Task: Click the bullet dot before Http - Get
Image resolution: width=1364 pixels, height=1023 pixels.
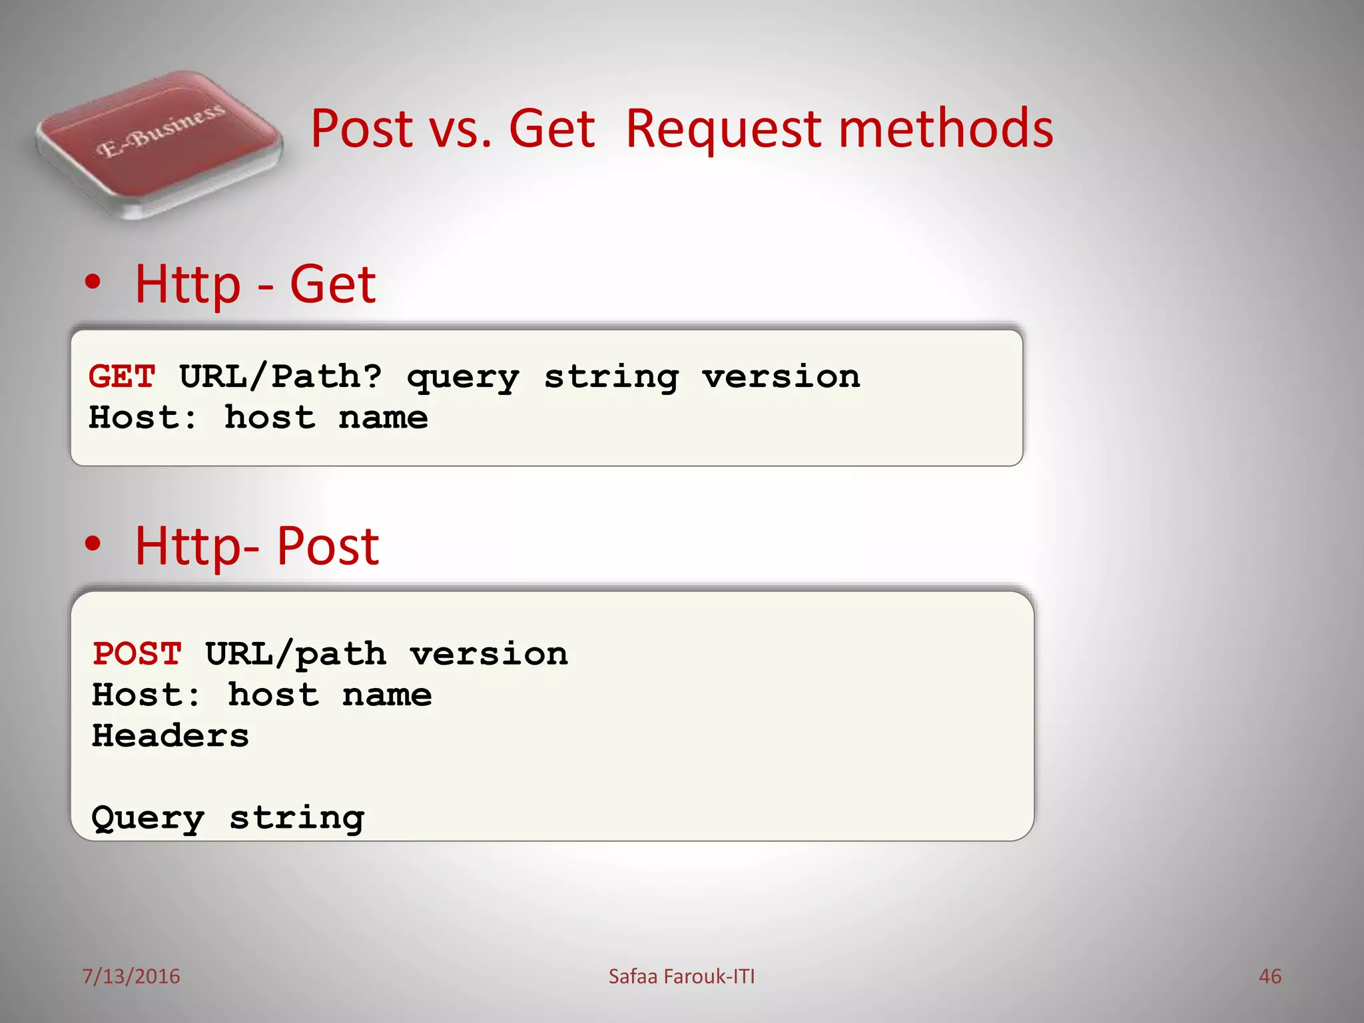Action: (x=93, y=282)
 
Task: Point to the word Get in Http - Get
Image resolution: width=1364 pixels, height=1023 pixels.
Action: (x=332, y=284)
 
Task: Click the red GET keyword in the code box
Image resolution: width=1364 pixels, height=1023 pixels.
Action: (x=122, y=376)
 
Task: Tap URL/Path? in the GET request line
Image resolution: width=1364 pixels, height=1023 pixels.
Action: (x=280, y=376)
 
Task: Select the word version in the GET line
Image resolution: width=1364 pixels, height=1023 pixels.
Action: (x=781, y=376)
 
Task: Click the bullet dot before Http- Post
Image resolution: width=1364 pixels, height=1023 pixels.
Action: (x=93, y=543)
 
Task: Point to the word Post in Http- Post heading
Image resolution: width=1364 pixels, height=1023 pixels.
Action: (x=327, y=546)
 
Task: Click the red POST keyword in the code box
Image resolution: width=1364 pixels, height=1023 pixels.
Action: (x=137, y=653)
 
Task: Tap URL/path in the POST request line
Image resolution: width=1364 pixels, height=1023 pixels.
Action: (x=295, y=654)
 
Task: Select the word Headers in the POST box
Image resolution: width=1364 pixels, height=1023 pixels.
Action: (x=170, y=735)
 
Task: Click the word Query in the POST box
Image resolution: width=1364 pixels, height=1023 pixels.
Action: (x=148, y=818)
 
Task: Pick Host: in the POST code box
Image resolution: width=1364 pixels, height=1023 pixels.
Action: (x=145, y=695)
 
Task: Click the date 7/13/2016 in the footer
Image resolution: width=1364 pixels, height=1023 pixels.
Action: (x=131, y=976)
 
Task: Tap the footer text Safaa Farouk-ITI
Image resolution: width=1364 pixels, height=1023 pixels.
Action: (x=681, y=976)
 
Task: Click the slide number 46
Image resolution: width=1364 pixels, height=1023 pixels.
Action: (x=1269, y=976)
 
